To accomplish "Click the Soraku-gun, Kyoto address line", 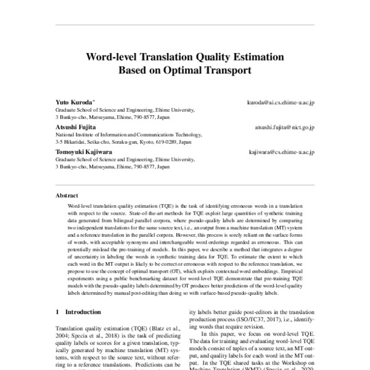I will point(123,141).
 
